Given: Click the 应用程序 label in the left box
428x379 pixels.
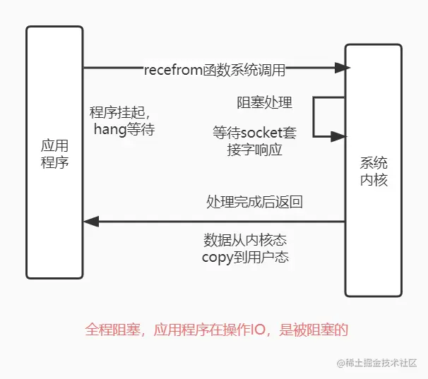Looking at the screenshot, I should pyautogui.click(x=54, y=154).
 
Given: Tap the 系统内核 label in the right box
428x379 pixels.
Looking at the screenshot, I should pyautogui.click(x=374, y=170).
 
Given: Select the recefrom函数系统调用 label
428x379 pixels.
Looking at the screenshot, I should pyautogui.click(x=214, y=69).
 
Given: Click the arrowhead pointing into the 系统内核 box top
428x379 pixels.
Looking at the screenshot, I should pyautogui.click(x=343, y=68).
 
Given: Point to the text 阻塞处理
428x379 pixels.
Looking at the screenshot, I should pyautogui.click(x=264, y=103).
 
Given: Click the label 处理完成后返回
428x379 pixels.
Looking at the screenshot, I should pyautogui.click(x=254, y=202).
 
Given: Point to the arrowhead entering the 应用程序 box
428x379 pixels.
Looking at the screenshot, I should pyautogui.click(x=90, y=222).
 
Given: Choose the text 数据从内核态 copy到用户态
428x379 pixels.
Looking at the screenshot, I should pyautogui.click(x=245, y=247).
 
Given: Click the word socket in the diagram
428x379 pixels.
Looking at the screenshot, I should pyautogui.click(x=264, y=133).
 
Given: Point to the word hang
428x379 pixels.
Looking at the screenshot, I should pyautogui.click(x=107, y=129).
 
